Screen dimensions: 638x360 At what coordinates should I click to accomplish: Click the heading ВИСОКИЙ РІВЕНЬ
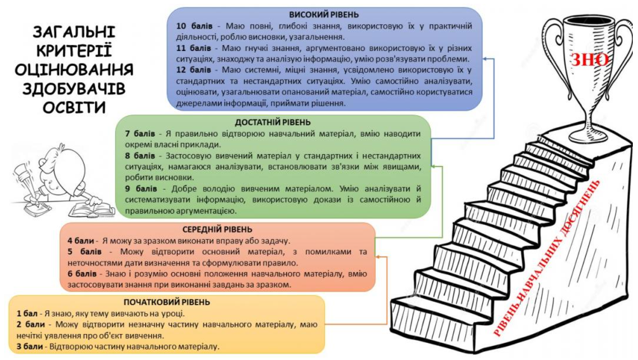(x=324, y=14)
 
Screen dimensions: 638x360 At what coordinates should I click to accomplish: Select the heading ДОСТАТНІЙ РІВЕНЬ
(x=273, y=122)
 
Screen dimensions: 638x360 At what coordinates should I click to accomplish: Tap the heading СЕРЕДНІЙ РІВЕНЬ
(x=217, y=229)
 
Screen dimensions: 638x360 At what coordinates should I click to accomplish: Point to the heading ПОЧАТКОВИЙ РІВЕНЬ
(x=167, y=302)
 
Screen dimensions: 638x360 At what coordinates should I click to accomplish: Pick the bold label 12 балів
(x=194, y=70)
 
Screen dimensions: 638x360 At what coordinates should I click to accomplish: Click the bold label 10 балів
(x=194, y=26)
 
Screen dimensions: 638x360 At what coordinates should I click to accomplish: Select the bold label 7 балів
(x=140, y=134)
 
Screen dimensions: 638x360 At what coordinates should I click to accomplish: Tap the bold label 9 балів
(x=141, y=189)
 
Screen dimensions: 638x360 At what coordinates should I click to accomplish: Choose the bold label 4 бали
(x=81, y=241)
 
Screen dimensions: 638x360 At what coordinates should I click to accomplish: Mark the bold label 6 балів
(x=82, y=274)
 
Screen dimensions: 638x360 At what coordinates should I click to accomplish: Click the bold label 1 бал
(x=27, y=314)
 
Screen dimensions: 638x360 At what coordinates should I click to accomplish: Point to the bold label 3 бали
(x=30, y=347)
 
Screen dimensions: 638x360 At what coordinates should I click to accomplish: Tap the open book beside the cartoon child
(x=92, y=209)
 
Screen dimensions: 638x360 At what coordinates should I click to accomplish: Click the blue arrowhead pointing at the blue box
(x=485, y=59)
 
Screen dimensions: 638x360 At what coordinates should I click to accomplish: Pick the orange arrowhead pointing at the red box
(x=378, y=257)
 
